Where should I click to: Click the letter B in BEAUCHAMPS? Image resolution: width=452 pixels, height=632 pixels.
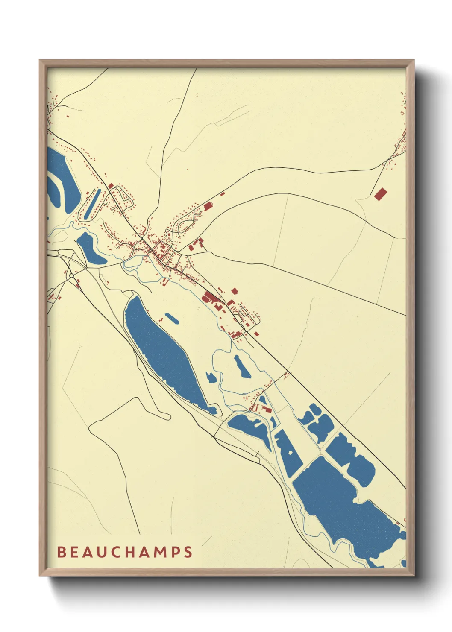[x=62, y=552]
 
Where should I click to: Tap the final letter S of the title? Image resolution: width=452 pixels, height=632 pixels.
[x=188, y=552]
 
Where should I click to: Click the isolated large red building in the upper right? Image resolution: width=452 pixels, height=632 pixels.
[x=380, y=194]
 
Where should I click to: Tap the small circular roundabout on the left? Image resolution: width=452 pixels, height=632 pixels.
[x=71, y=276]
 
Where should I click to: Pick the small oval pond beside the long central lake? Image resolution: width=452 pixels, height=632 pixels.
[x=172, y=318]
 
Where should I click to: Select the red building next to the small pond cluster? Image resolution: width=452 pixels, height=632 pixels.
[x=267, y=410]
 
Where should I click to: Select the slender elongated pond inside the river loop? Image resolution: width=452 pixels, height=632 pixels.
[x=242, y=367]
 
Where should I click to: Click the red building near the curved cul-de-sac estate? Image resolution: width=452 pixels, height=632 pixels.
[x=208, y=207]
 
